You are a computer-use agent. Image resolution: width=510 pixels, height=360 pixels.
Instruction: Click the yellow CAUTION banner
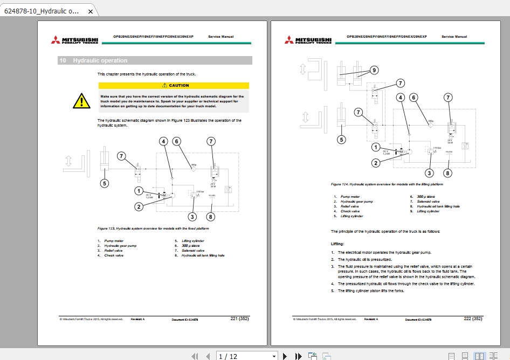174,85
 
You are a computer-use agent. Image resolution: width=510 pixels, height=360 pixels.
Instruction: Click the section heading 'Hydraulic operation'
100,61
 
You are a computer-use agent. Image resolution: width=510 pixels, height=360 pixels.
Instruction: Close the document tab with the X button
90,11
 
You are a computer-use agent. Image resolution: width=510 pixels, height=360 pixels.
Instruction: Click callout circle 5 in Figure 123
104,184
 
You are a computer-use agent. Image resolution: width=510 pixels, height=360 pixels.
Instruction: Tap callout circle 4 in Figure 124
400,98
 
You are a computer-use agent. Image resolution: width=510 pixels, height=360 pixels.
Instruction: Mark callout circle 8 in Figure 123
211,217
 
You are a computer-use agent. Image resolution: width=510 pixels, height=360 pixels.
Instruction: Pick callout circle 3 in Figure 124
429,173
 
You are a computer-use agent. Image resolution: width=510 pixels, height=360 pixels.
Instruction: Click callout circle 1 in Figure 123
139,191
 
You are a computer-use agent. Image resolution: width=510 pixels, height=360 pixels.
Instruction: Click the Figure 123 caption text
153,229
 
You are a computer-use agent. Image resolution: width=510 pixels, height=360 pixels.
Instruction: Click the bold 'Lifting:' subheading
337,244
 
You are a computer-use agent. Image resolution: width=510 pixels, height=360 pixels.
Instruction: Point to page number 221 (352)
239,319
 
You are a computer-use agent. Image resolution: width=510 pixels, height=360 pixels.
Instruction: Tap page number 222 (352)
473,319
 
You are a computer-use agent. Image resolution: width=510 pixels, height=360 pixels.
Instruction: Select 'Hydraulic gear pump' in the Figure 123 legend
120,245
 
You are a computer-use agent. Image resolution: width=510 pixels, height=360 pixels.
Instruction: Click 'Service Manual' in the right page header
454,37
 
